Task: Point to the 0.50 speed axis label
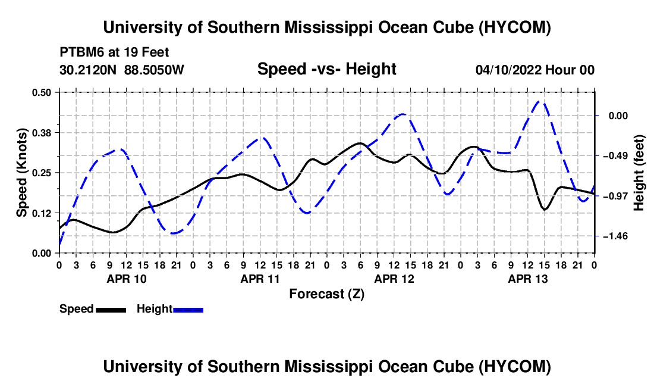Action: click(x=42, y=92)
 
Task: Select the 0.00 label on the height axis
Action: click(x=618, y=116)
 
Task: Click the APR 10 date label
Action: click(x=127, y=279)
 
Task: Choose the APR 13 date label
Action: click(x=527, y=279)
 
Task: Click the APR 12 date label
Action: click(x=394, y=279)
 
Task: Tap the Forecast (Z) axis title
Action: click(x=327, y=294)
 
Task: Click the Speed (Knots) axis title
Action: click(x=22, y=173)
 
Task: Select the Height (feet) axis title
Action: click(x=639, y=173)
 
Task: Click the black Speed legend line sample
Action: click(x=111, y=310)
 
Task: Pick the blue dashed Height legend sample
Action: click(x=188, y=310)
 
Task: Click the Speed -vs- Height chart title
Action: click(x=327, y=69)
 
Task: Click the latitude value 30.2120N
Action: click(x=88, y=70)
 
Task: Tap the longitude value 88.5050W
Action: click(x=154, y=70)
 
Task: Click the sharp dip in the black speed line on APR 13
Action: click(x=544, y=209)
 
